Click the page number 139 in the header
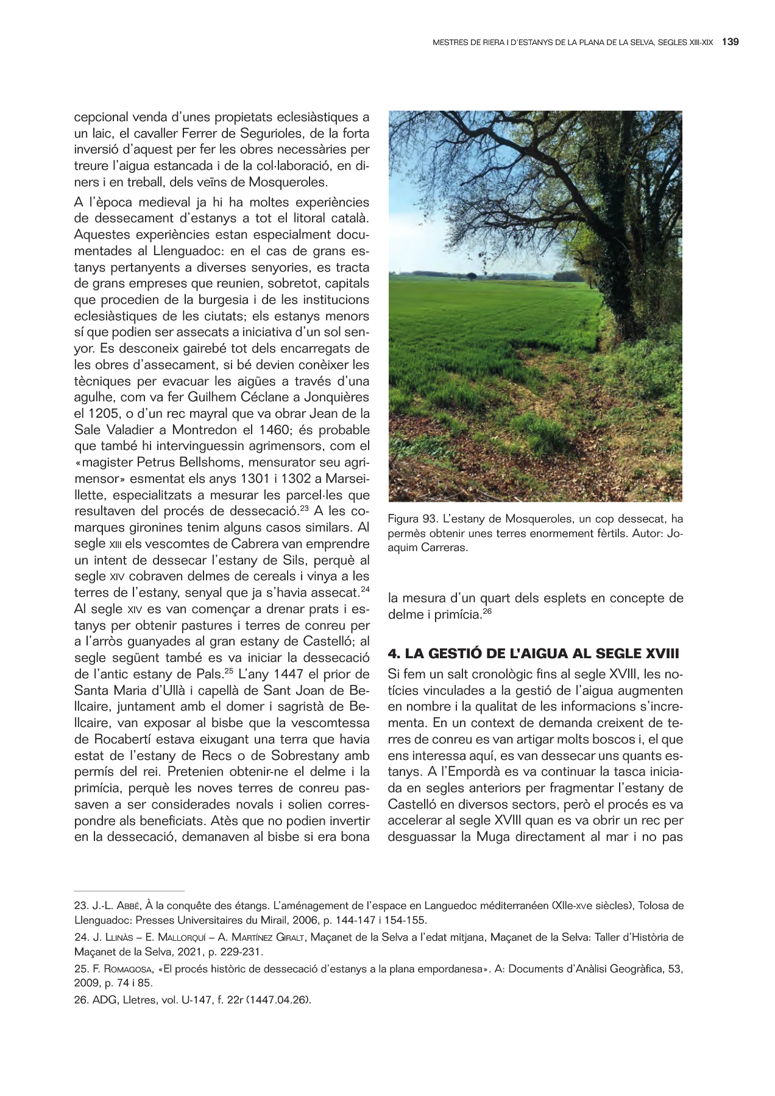pos(730,43)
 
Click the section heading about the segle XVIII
pos(533,654)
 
